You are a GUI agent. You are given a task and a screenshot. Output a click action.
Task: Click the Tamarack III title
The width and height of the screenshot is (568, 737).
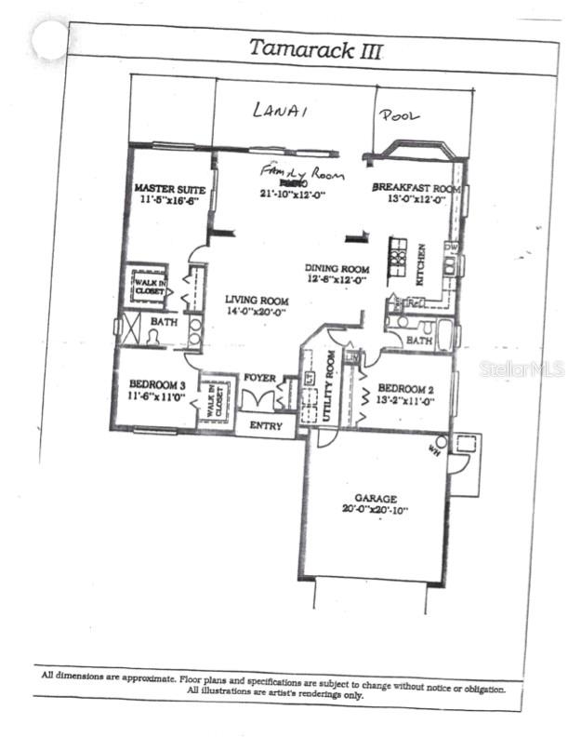(314, 49)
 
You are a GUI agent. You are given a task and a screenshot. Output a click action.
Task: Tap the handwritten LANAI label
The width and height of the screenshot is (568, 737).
(280, 111)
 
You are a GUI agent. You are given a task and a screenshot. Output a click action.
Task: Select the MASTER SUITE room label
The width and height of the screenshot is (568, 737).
(169, 189)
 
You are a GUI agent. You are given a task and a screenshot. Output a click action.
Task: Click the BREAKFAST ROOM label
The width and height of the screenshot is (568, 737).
(416, 187)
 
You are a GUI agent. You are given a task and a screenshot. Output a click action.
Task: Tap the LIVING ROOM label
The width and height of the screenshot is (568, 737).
(257, 301)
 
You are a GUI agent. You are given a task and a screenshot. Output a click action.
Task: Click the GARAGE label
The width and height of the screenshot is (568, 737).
(376, 498)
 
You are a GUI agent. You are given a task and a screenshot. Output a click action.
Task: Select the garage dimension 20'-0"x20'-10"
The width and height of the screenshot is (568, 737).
(376, 510)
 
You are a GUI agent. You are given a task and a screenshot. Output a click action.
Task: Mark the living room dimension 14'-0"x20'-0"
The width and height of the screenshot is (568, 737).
(257, 313)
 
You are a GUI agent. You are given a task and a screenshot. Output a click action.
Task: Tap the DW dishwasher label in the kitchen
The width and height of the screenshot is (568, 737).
(450, 247)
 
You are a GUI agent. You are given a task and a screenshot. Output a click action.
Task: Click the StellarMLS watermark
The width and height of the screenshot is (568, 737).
(522, 368)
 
